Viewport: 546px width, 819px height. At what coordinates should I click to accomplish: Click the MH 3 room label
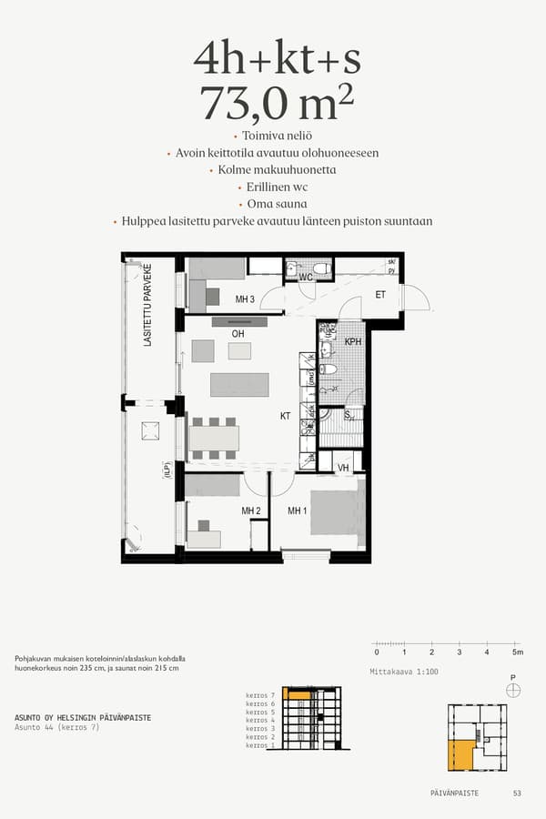pyautogui.click(x=244, y=299)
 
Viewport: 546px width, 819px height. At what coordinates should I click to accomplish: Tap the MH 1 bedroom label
pyautogui.click(x=297, y=511)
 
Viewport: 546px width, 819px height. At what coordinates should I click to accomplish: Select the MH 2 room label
pyautogui.click(x=251, y=511)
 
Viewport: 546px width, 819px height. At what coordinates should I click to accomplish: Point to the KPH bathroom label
pyautogui.click(x=354, y=341)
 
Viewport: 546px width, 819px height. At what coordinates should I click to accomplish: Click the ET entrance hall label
pyautogui.click(x=380, y=294)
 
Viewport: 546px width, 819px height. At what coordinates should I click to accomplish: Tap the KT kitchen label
pyautogui.click(x=285, y=416)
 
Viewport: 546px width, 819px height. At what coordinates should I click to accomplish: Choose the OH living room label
pyautogui.click(x=238, y=334)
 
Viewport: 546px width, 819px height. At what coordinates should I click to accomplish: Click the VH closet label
pyautogui.click(x=344, y=468)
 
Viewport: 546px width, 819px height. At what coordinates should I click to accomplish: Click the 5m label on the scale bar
pyautogui.click(x=517, y=652)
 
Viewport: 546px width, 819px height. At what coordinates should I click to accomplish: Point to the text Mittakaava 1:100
pyautogui.click(x=404, y=672)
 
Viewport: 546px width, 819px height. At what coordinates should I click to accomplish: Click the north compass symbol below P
pyautogui.click(x=514, y=691)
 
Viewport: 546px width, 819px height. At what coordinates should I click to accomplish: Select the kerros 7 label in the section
pyautogui.click(x=260, y=695)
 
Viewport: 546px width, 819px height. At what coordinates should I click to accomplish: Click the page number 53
pyautogui.click(x=517, y=794)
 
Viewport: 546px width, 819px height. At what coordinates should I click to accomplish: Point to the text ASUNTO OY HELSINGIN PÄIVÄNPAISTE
pyautogui.click(x=83, y=717)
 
